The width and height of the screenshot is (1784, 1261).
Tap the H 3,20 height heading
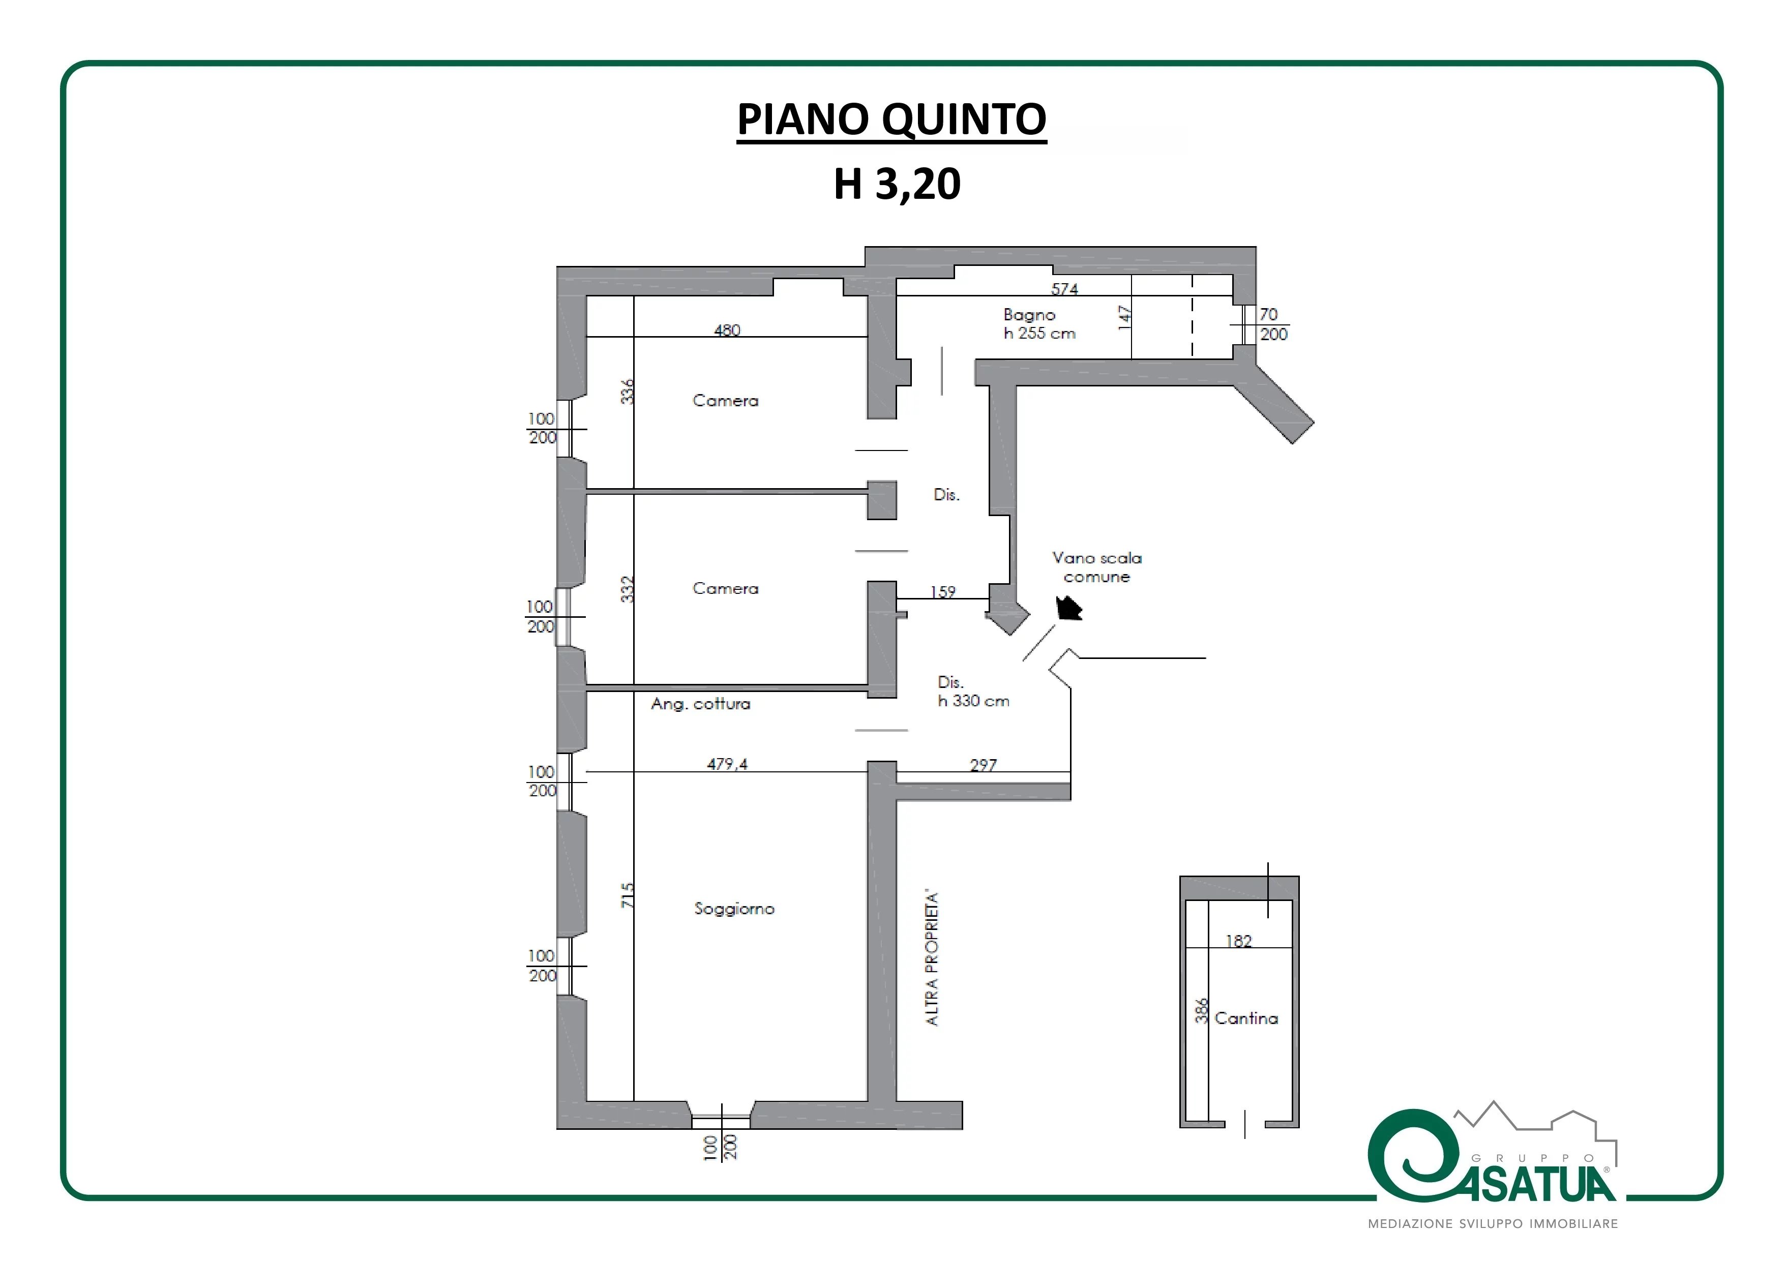(898, 184)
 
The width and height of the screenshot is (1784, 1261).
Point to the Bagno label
(1029, 315)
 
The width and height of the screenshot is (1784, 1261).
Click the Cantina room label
(1246, 1018)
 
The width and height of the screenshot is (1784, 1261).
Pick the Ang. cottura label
(701, 704)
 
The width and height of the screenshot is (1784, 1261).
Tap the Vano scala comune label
(1097, 567)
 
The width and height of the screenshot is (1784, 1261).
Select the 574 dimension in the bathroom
(1064, 289)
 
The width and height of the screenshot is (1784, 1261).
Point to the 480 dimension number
(727, 330)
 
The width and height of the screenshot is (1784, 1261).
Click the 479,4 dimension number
(727, 764)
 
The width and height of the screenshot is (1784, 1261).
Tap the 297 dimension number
(983, 765)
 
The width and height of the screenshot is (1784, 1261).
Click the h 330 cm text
(973, 701)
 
